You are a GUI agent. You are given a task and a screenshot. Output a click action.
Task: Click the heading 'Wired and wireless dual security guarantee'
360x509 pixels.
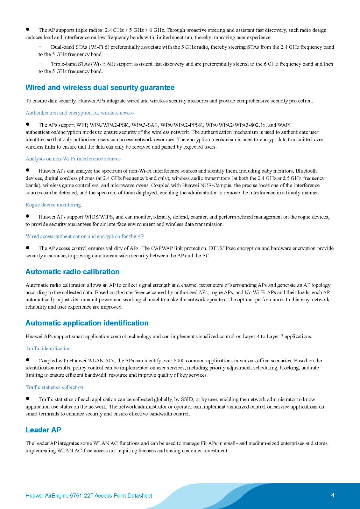(x=100, y=87)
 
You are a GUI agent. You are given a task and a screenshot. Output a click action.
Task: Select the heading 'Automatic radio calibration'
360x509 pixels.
(x=72, y=272)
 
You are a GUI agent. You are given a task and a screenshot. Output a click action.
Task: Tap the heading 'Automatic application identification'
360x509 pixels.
(x=87, y=323)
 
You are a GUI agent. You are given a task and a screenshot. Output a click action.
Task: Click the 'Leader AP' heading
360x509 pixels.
(x=43, y=430)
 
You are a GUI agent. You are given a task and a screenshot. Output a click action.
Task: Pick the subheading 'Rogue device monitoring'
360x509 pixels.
(x=53, y=205)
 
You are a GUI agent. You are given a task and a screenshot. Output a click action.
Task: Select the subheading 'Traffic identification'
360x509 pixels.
(x=48, y=348)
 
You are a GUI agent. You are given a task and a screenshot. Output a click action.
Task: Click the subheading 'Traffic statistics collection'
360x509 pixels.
(x=54, y=387)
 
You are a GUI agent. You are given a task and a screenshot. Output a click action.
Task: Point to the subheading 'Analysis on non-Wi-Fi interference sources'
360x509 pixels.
(x=73, y=158)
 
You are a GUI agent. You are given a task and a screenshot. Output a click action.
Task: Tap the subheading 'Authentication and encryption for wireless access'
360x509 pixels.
(x=80, y=113)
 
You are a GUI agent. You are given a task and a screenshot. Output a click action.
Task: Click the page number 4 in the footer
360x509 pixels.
(x=333, y=495)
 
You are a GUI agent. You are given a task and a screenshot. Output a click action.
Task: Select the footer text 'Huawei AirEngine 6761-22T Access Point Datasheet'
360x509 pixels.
(x=89, y=496)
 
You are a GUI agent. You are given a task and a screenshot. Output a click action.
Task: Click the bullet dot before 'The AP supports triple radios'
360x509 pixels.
(x=28, y=29)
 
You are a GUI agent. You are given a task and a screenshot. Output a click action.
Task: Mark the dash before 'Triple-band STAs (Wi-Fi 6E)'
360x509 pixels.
(x=40, y=64)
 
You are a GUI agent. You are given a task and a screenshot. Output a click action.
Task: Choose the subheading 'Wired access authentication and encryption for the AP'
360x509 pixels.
(x=85, y=236)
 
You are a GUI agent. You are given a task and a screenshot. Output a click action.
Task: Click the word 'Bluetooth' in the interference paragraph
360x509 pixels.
(x=306, y=171)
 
